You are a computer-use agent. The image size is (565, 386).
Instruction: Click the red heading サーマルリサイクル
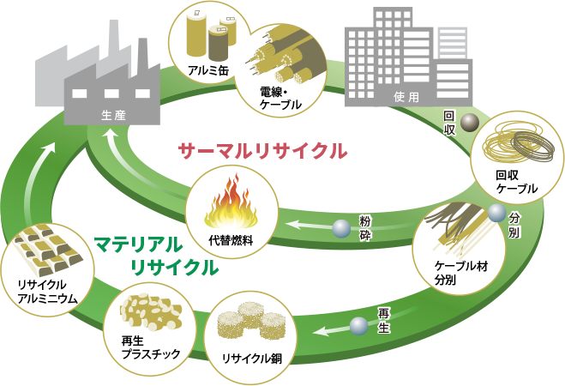click(x=262, y=151)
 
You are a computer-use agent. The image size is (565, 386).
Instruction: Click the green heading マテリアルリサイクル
click(x=156, y=256)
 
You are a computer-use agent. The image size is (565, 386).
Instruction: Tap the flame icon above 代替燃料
click(x=231, y=203)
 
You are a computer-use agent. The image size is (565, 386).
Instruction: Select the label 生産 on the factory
click(x=113, y=115)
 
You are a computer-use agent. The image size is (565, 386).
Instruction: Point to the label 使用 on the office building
click(x=406, y=97)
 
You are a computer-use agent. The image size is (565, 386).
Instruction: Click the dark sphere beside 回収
click(x=470, y=123)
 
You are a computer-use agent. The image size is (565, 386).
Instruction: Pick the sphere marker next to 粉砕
click(x=341, y=228)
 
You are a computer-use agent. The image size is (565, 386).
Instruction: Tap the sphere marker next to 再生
click(x=359, y=326)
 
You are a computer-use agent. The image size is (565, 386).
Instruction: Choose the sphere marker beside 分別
click(x=497, y=214)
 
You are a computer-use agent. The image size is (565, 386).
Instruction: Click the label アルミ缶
click(x=208, y=70)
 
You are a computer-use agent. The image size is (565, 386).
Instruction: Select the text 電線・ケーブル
click(x=280, y=98)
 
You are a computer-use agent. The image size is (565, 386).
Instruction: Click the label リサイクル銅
click(x=252, y=359)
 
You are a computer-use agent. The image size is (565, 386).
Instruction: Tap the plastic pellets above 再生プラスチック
click(x=151, y=311)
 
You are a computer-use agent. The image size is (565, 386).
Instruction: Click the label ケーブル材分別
click(x=461, y=273)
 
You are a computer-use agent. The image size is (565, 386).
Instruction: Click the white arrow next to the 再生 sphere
click(x=331, y=330)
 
